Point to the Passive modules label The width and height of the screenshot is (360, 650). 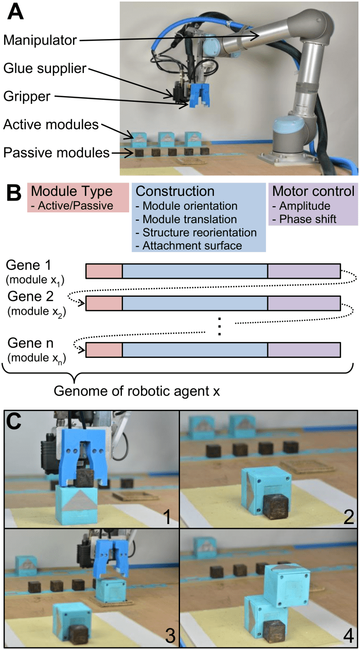(x=56, y=152)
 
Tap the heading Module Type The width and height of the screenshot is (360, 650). (x=72, y=191)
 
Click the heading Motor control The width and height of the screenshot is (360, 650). (x=313, y=191)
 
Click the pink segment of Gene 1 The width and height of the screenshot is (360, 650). (x=104, y=270)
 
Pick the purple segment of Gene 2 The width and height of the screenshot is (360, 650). (x=303, y=303)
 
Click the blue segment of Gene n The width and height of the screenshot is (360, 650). (x=195, y=350)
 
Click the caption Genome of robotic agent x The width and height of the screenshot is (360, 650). (x=137, y=391)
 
